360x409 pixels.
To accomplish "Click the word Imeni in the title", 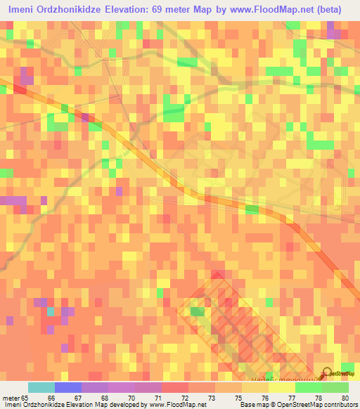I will click(22, 9).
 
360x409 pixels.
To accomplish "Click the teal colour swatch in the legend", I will click(41, 387).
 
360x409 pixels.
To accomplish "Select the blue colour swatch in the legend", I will click(68, 387).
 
